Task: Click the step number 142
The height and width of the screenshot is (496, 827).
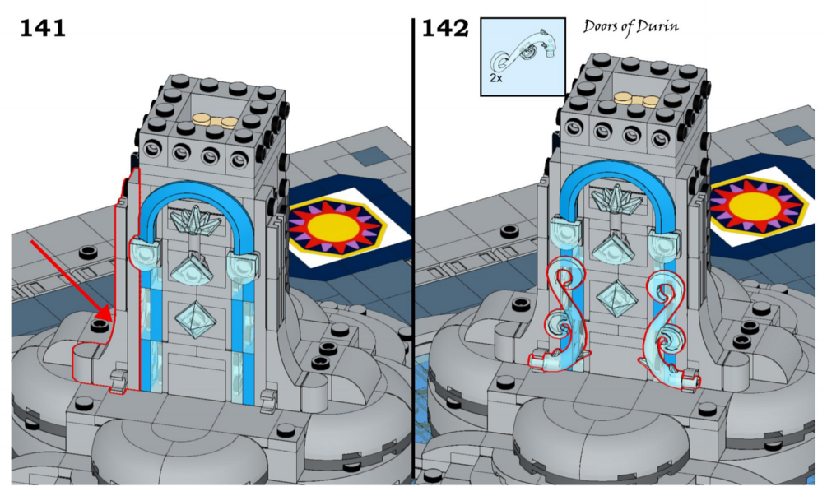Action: [x=444, y=29]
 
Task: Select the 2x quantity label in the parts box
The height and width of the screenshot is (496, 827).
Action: [x=495, y=79]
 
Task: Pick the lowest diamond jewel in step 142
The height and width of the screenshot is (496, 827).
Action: [x=616, y=295]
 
